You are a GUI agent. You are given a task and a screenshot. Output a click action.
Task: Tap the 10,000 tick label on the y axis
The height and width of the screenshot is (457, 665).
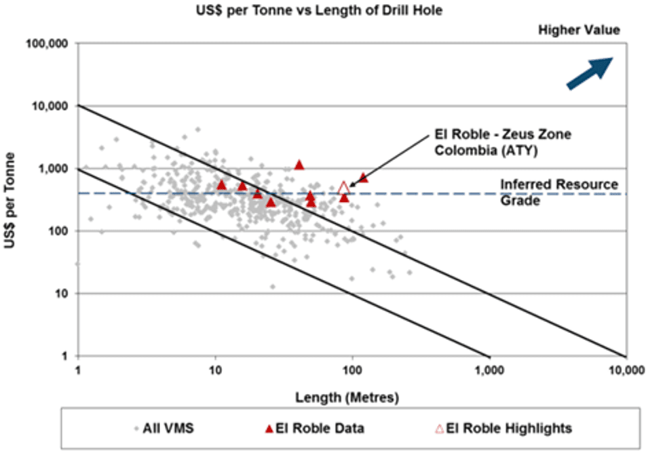(54, 106)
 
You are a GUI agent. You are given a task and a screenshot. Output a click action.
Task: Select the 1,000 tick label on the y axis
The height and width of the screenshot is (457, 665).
(56, 169)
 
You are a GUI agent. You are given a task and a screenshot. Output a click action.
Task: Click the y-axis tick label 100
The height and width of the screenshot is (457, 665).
(61, 231)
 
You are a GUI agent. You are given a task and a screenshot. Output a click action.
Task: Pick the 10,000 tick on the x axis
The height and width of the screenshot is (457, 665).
(626, 370)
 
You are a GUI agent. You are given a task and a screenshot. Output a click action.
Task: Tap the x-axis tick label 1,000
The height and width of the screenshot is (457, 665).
(489, 370)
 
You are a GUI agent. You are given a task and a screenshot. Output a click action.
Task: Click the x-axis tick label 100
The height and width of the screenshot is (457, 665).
(352, 370)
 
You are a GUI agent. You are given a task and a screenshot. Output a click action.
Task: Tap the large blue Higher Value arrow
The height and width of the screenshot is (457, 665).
(590, 73)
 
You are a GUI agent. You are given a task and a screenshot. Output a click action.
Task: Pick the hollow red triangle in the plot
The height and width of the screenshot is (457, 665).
(343, 188)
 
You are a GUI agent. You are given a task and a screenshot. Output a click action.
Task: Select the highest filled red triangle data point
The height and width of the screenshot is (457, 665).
(299, 165)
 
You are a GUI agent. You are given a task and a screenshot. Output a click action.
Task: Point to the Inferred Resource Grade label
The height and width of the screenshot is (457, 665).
(558, 192)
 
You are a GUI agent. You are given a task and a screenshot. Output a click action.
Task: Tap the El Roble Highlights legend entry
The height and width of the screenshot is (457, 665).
(504, 429)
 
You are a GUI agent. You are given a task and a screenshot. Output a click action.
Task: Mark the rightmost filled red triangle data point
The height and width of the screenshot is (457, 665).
(364, 178)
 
